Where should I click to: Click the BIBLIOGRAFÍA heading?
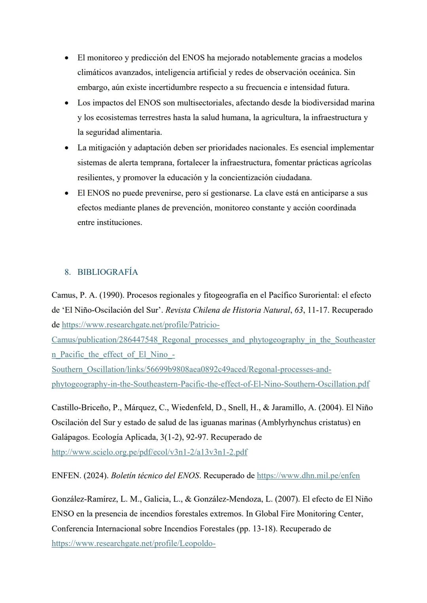pyautogui.click(x=108, y=272)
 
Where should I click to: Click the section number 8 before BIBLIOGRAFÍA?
pyautogui.click(x=67, y=272)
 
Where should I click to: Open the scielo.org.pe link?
pyautogui.click(x=149, y=452)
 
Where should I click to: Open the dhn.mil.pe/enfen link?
pyautogui.click(x=308, y=475)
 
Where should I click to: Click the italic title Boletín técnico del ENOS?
pyautogui.click(x=155, y=475)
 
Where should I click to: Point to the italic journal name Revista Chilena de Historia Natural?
pyautogui.click(x=227, y=310)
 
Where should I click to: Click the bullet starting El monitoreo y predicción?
pyautogui.click(x=67, y=58)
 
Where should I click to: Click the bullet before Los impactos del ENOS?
pyautogui.click(x=67, y=103)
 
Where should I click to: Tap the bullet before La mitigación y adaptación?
pyautogui.click(x=67, y=148)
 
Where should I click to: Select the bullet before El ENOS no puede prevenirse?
pyautogui.click(x=67, y=193)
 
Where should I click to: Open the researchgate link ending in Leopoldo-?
pyautogui.click(x=133, y=543)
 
